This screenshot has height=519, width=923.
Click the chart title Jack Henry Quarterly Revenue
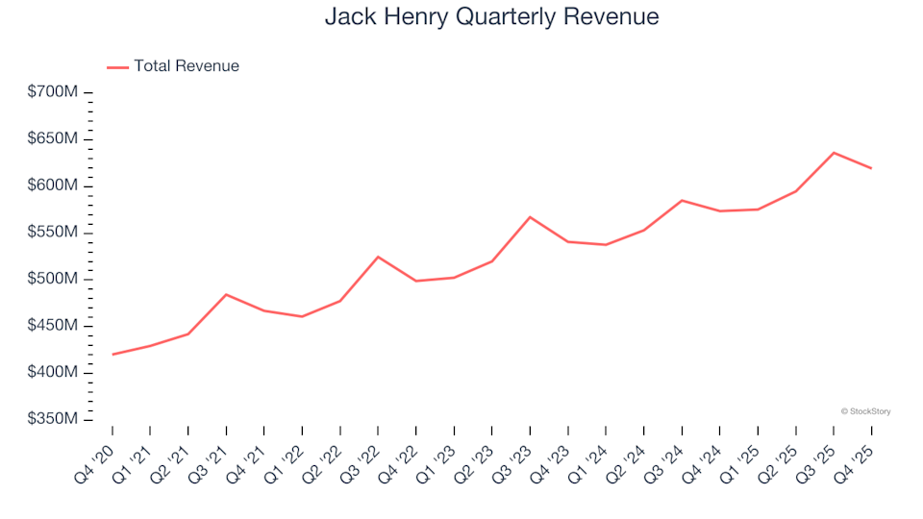[491, 17]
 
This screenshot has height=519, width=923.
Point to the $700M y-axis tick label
[54, 92]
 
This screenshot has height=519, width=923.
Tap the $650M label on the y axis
[54, 139]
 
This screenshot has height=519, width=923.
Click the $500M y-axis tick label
[54, 279]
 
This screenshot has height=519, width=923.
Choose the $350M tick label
[54, 419]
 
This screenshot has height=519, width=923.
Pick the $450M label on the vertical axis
[54, 326]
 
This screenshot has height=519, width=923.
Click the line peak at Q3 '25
[834, 153]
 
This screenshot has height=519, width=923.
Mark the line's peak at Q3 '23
[530, 217]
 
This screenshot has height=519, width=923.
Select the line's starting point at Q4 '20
[112, 355]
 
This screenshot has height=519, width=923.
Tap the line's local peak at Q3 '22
[378, 257]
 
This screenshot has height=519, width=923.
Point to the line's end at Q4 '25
[871, 168]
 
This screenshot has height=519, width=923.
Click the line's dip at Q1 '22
[302, 316]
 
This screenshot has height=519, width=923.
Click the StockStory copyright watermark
[865, 411]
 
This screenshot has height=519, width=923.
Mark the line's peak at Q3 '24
[682, 200]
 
